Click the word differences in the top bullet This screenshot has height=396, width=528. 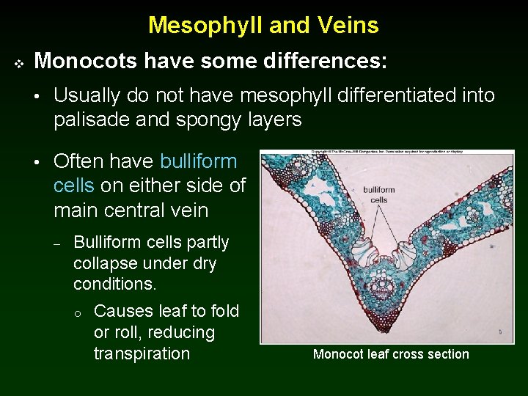click(x=326, y=61)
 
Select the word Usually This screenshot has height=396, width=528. click(x=87, y=96)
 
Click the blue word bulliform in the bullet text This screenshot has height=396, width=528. click(x=198, y=161)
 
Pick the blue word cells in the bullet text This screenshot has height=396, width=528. click(x=73, y=186)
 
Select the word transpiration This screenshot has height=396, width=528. click(x=142, y=353)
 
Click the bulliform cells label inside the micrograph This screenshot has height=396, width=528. click(x=379, y=194)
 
